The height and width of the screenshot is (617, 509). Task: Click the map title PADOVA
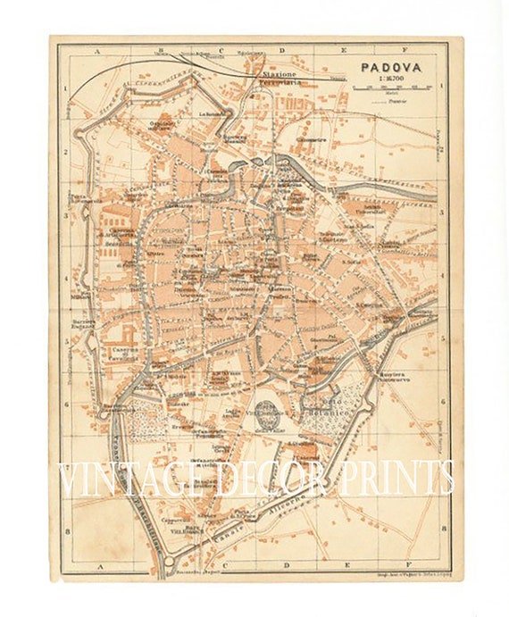coord(391,65)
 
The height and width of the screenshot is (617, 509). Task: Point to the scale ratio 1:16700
coord(391,78)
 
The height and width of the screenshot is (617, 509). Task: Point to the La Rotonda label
coord(212,113)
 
